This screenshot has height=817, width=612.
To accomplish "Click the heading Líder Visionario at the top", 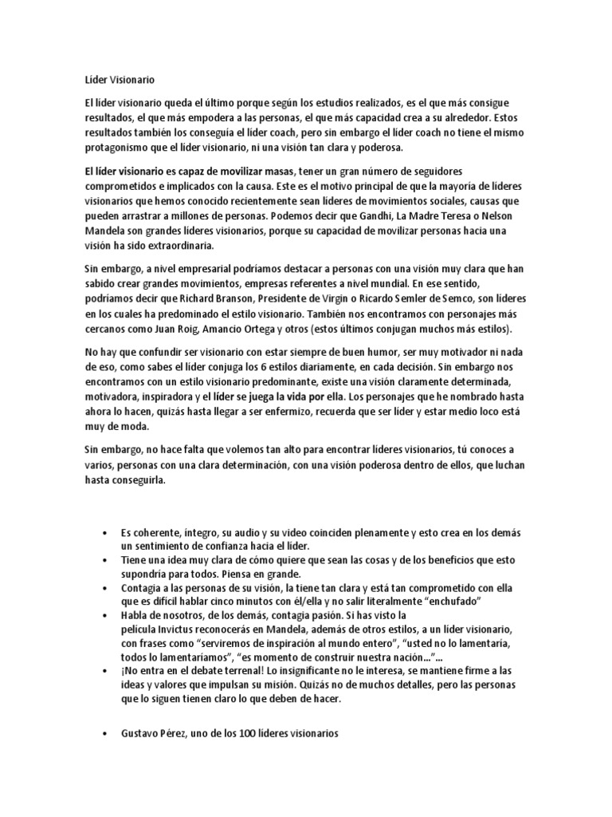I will point(120,81).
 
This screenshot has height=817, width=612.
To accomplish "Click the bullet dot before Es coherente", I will point(106,532).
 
